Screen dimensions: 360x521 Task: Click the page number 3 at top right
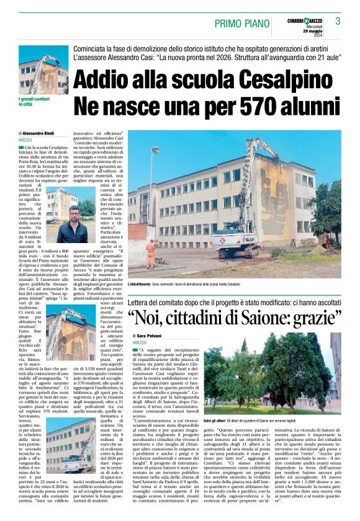pyautogui.click(x=338, y=21)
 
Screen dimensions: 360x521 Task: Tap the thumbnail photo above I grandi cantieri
pyautogui.click(x=43, y=74)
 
